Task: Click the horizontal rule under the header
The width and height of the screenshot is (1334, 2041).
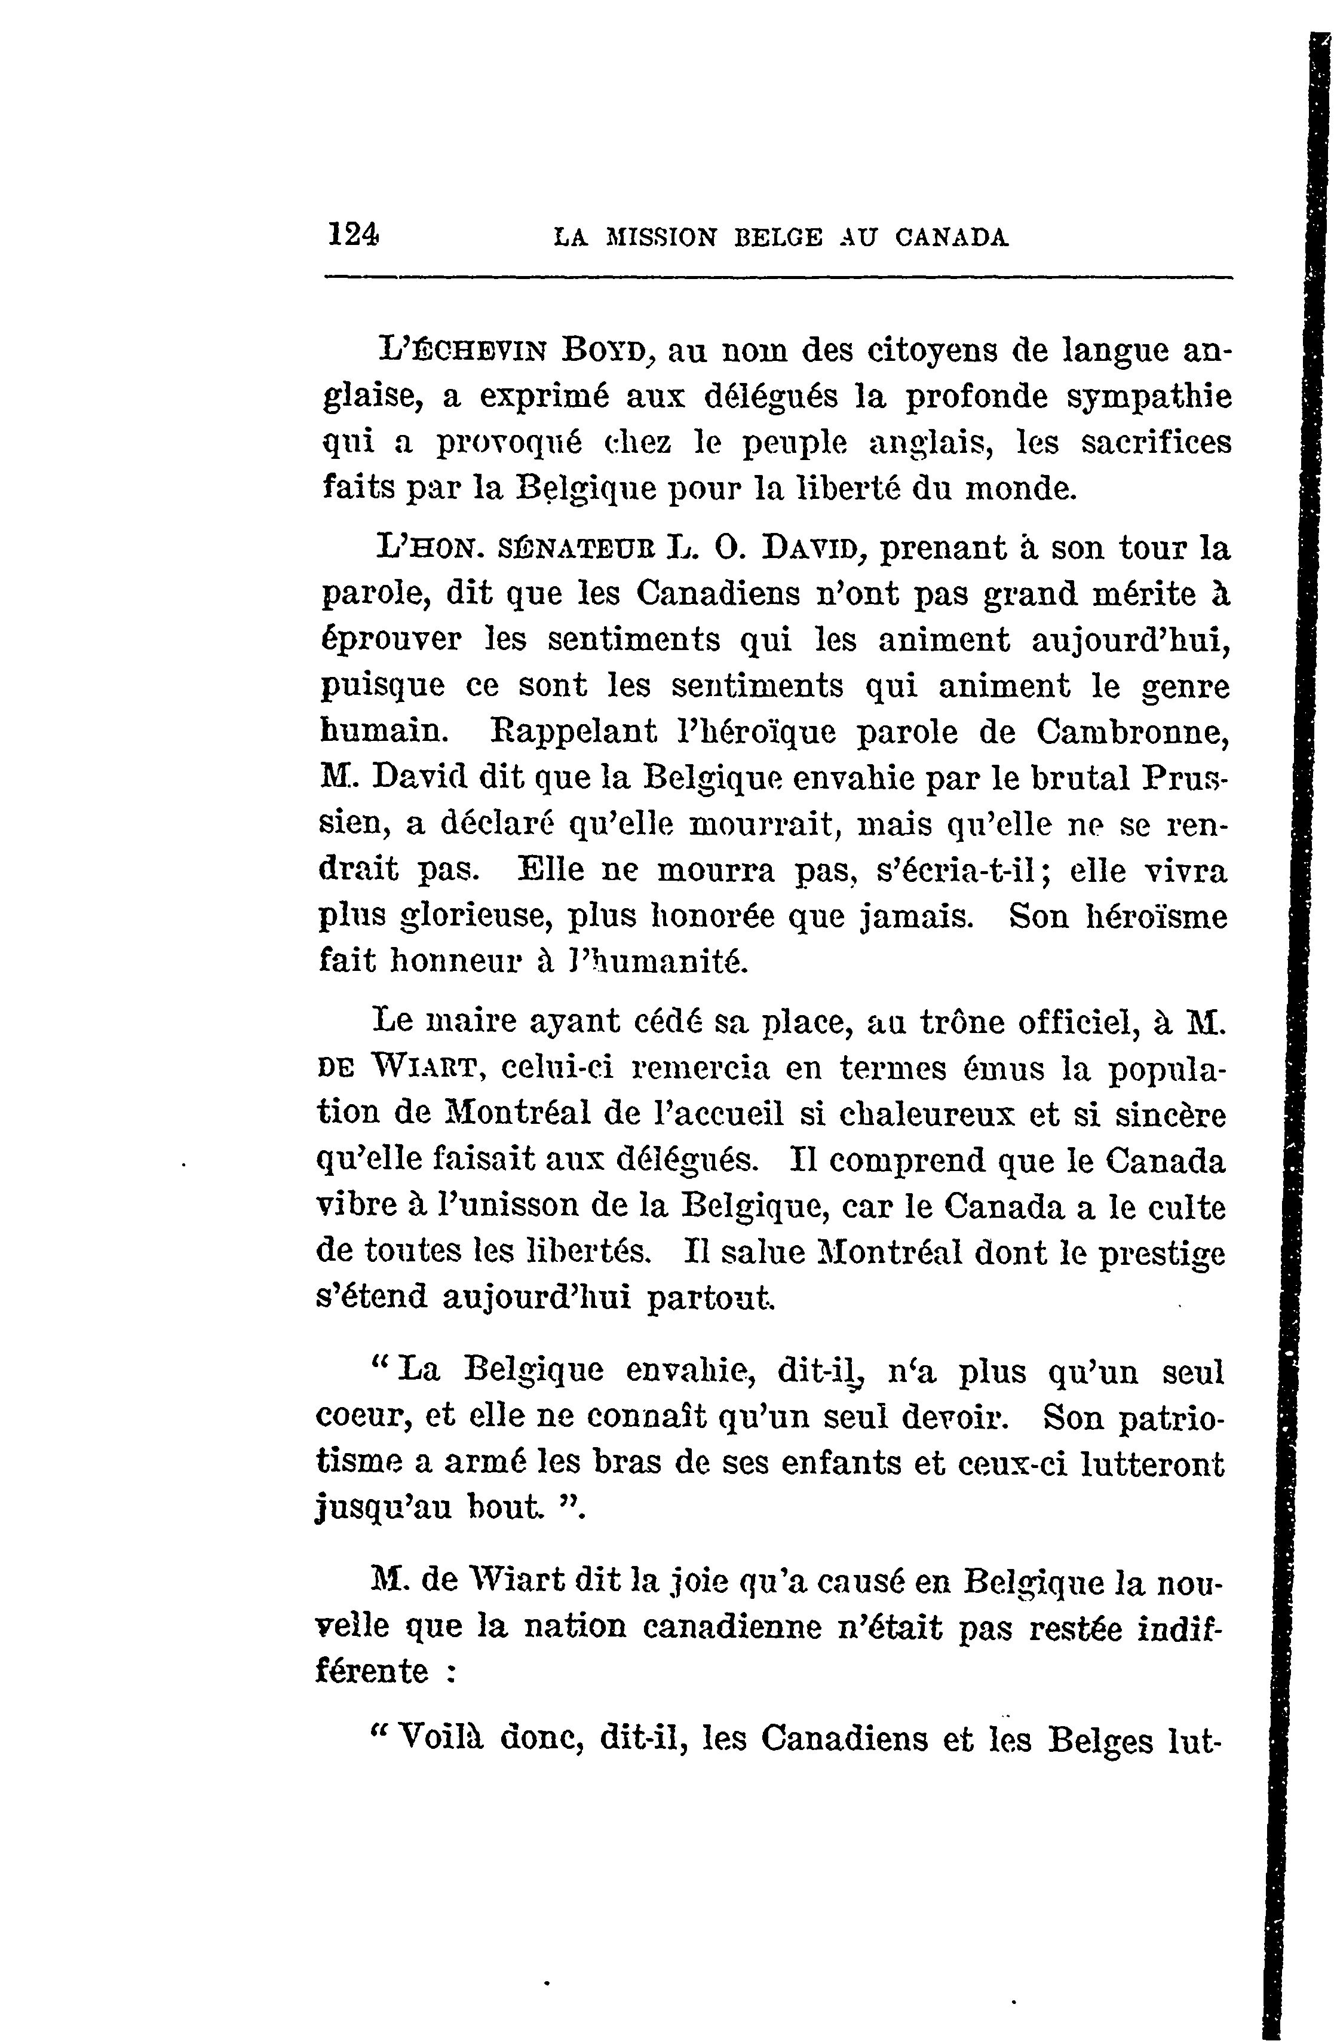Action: (x=777, y=278)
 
